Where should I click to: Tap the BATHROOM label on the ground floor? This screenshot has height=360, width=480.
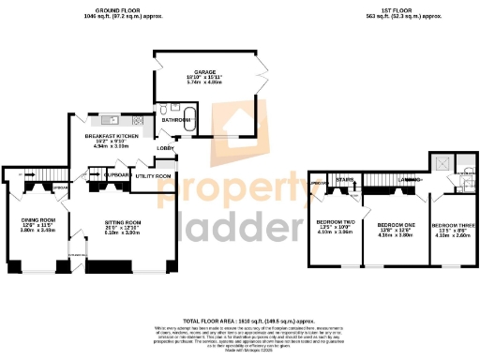click(x=174, y=120)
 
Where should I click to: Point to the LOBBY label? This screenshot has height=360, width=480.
click(x=165, y=148)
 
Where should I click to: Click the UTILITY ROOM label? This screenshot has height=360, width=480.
click(x=153, y=176)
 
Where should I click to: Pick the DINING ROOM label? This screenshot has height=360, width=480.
click(x=38, y=220)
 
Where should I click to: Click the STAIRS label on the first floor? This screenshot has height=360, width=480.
click(x=344, y=181)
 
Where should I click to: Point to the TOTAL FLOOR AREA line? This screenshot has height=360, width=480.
click(x=240, y=320)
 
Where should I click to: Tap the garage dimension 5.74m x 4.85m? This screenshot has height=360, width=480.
click(x=204, y=82)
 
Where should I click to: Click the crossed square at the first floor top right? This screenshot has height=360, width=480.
click(x=440, y=162)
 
